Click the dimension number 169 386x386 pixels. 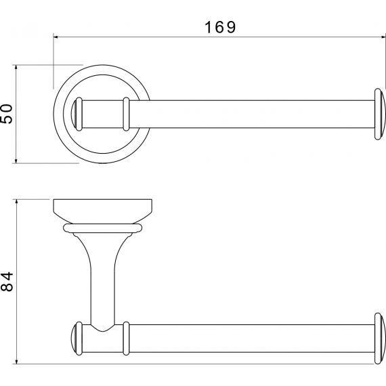[220, 27]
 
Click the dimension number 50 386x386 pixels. [7, 114]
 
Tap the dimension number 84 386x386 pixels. [7, 282]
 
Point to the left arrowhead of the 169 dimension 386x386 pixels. [56, 37]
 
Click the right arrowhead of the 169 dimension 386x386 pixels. [383, 37]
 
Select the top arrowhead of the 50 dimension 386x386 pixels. [16, 67]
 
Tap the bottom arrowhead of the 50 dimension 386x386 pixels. [16, 160]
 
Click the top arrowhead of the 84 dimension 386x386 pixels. [16, 202]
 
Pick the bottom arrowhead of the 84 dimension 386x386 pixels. [16, 362]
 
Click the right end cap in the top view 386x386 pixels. [380, 114]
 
